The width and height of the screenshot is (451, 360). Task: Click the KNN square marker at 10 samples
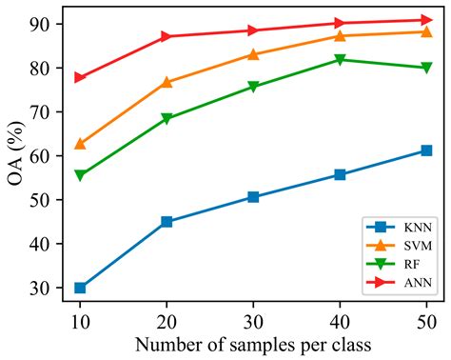coord(80,288)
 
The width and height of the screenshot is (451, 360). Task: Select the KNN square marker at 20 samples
coord(167,222)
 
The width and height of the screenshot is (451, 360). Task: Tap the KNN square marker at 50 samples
coord(426,150)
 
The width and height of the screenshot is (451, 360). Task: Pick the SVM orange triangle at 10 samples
coord(80,144)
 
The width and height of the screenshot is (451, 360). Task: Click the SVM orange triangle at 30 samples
coord(253,54)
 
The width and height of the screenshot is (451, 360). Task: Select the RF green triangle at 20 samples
coord(167,119)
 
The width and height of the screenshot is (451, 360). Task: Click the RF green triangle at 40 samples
coord(340,60)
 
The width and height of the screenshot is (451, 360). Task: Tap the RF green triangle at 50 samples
coord(426,68)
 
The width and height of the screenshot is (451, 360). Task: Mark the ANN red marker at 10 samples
coord(80,77)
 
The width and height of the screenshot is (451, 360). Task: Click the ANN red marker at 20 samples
coord(167,36)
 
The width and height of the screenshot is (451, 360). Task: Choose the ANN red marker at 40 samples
coord(340,23)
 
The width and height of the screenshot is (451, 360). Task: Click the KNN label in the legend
coord(417,229)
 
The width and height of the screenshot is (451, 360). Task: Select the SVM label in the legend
coord(417,247)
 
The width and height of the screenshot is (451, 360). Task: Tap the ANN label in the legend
coord(417,283)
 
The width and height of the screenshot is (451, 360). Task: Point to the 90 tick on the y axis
coord(49,24)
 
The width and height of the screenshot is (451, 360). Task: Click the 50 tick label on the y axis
coord(49,200)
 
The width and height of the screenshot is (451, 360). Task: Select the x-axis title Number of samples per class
coord(253,344)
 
